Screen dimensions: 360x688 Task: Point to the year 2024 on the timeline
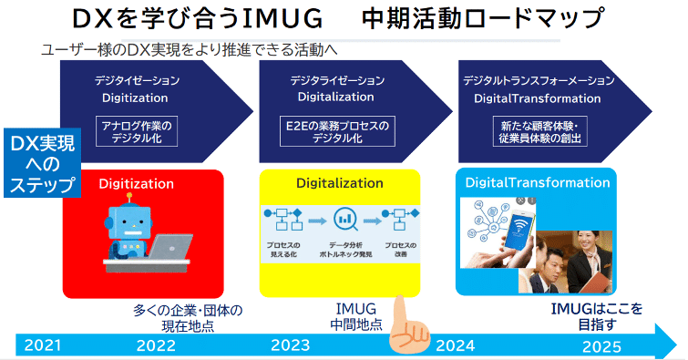[455, 345]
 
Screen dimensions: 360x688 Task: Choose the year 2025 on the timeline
[601, 345]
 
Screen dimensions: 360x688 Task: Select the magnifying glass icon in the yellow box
[345, 219]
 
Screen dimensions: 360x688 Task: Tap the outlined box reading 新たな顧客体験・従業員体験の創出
[538, 132]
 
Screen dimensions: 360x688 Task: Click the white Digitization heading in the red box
[137, 183]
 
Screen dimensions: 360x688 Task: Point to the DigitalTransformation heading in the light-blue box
[538, 182]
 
